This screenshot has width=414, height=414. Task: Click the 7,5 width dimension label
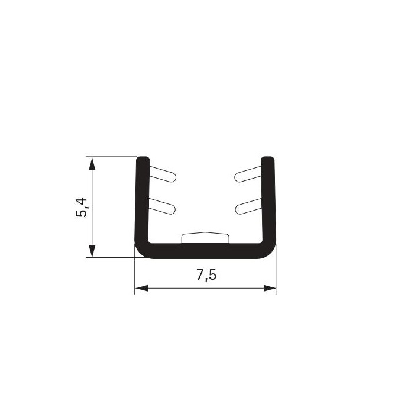[x=206, y=275]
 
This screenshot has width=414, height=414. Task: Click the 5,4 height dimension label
[x=81, y=207]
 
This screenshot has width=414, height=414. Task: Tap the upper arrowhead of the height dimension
[x=92, y=164]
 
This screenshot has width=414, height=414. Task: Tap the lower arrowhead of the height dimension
[x=92, y=251]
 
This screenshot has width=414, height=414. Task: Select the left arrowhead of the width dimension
[x=141, y=288]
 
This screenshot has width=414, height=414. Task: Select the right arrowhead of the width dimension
[x=270, y=288]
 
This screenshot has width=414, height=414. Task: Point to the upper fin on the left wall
[x=163, y=174]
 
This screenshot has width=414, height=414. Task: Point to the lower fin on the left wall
[x=162, y=206]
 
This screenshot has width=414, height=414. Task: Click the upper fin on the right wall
[x=248, y=174]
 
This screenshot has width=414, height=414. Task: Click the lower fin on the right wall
[x=248, y=206]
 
